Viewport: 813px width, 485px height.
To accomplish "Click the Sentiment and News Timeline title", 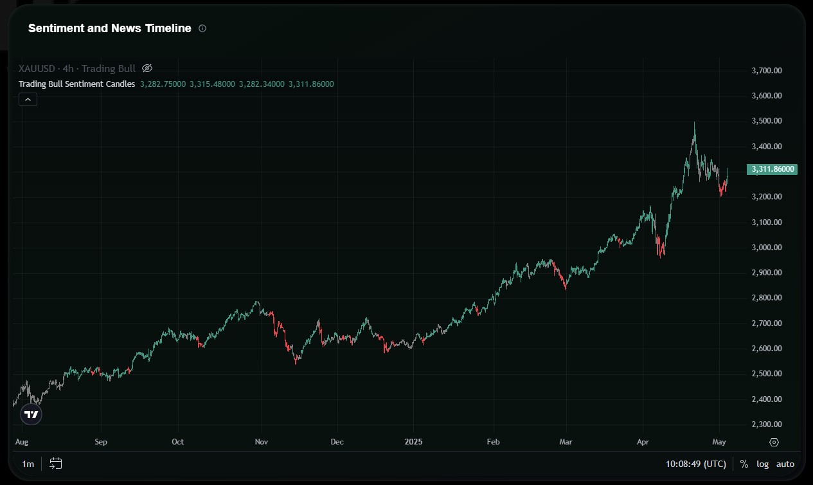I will [x=109, y=28].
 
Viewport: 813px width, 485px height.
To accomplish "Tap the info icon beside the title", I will [x=202, y=28].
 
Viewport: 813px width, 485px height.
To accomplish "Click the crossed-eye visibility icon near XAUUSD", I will [x=147, y=68].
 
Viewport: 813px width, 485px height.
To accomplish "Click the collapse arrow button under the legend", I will [x=28, y=99].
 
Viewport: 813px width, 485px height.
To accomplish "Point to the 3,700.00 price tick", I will [x=766, y=70].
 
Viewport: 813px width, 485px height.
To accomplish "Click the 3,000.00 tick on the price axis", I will [x=766, y=248].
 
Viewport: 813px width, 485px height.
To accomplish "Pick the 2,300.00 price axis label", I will [x=766, y=425].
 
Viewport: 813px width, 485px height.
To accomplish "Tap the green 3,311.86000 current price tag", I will [x=771, y=170].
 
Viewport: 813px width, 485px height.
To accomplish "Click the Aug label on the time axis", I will [x=21, y=442].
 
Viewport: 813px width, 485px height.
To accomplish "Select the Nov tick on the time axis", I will [x=261, y=442].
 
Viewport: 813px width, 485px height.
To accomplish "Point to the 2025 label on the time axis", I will [x=413, y=442].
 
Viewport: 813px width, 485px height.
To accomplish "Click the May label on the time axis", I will [x=719, y=442].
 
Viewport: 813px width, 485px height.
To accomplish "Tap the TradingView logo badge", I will [x=31, y=415].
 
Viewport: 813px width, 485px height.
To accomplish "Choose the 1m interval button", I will [x=28, y=464].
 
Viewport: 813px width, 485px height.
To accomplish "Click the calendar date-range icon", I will [x=56, y=464].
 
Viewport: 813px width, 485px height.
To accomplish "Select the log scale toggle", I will [x=762, y=464].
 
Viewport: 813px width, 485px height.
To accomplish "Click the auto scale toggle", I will [x=785, y=464].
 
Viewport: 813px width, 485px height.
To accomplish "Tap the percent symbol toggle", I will [x=744, y=464].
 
